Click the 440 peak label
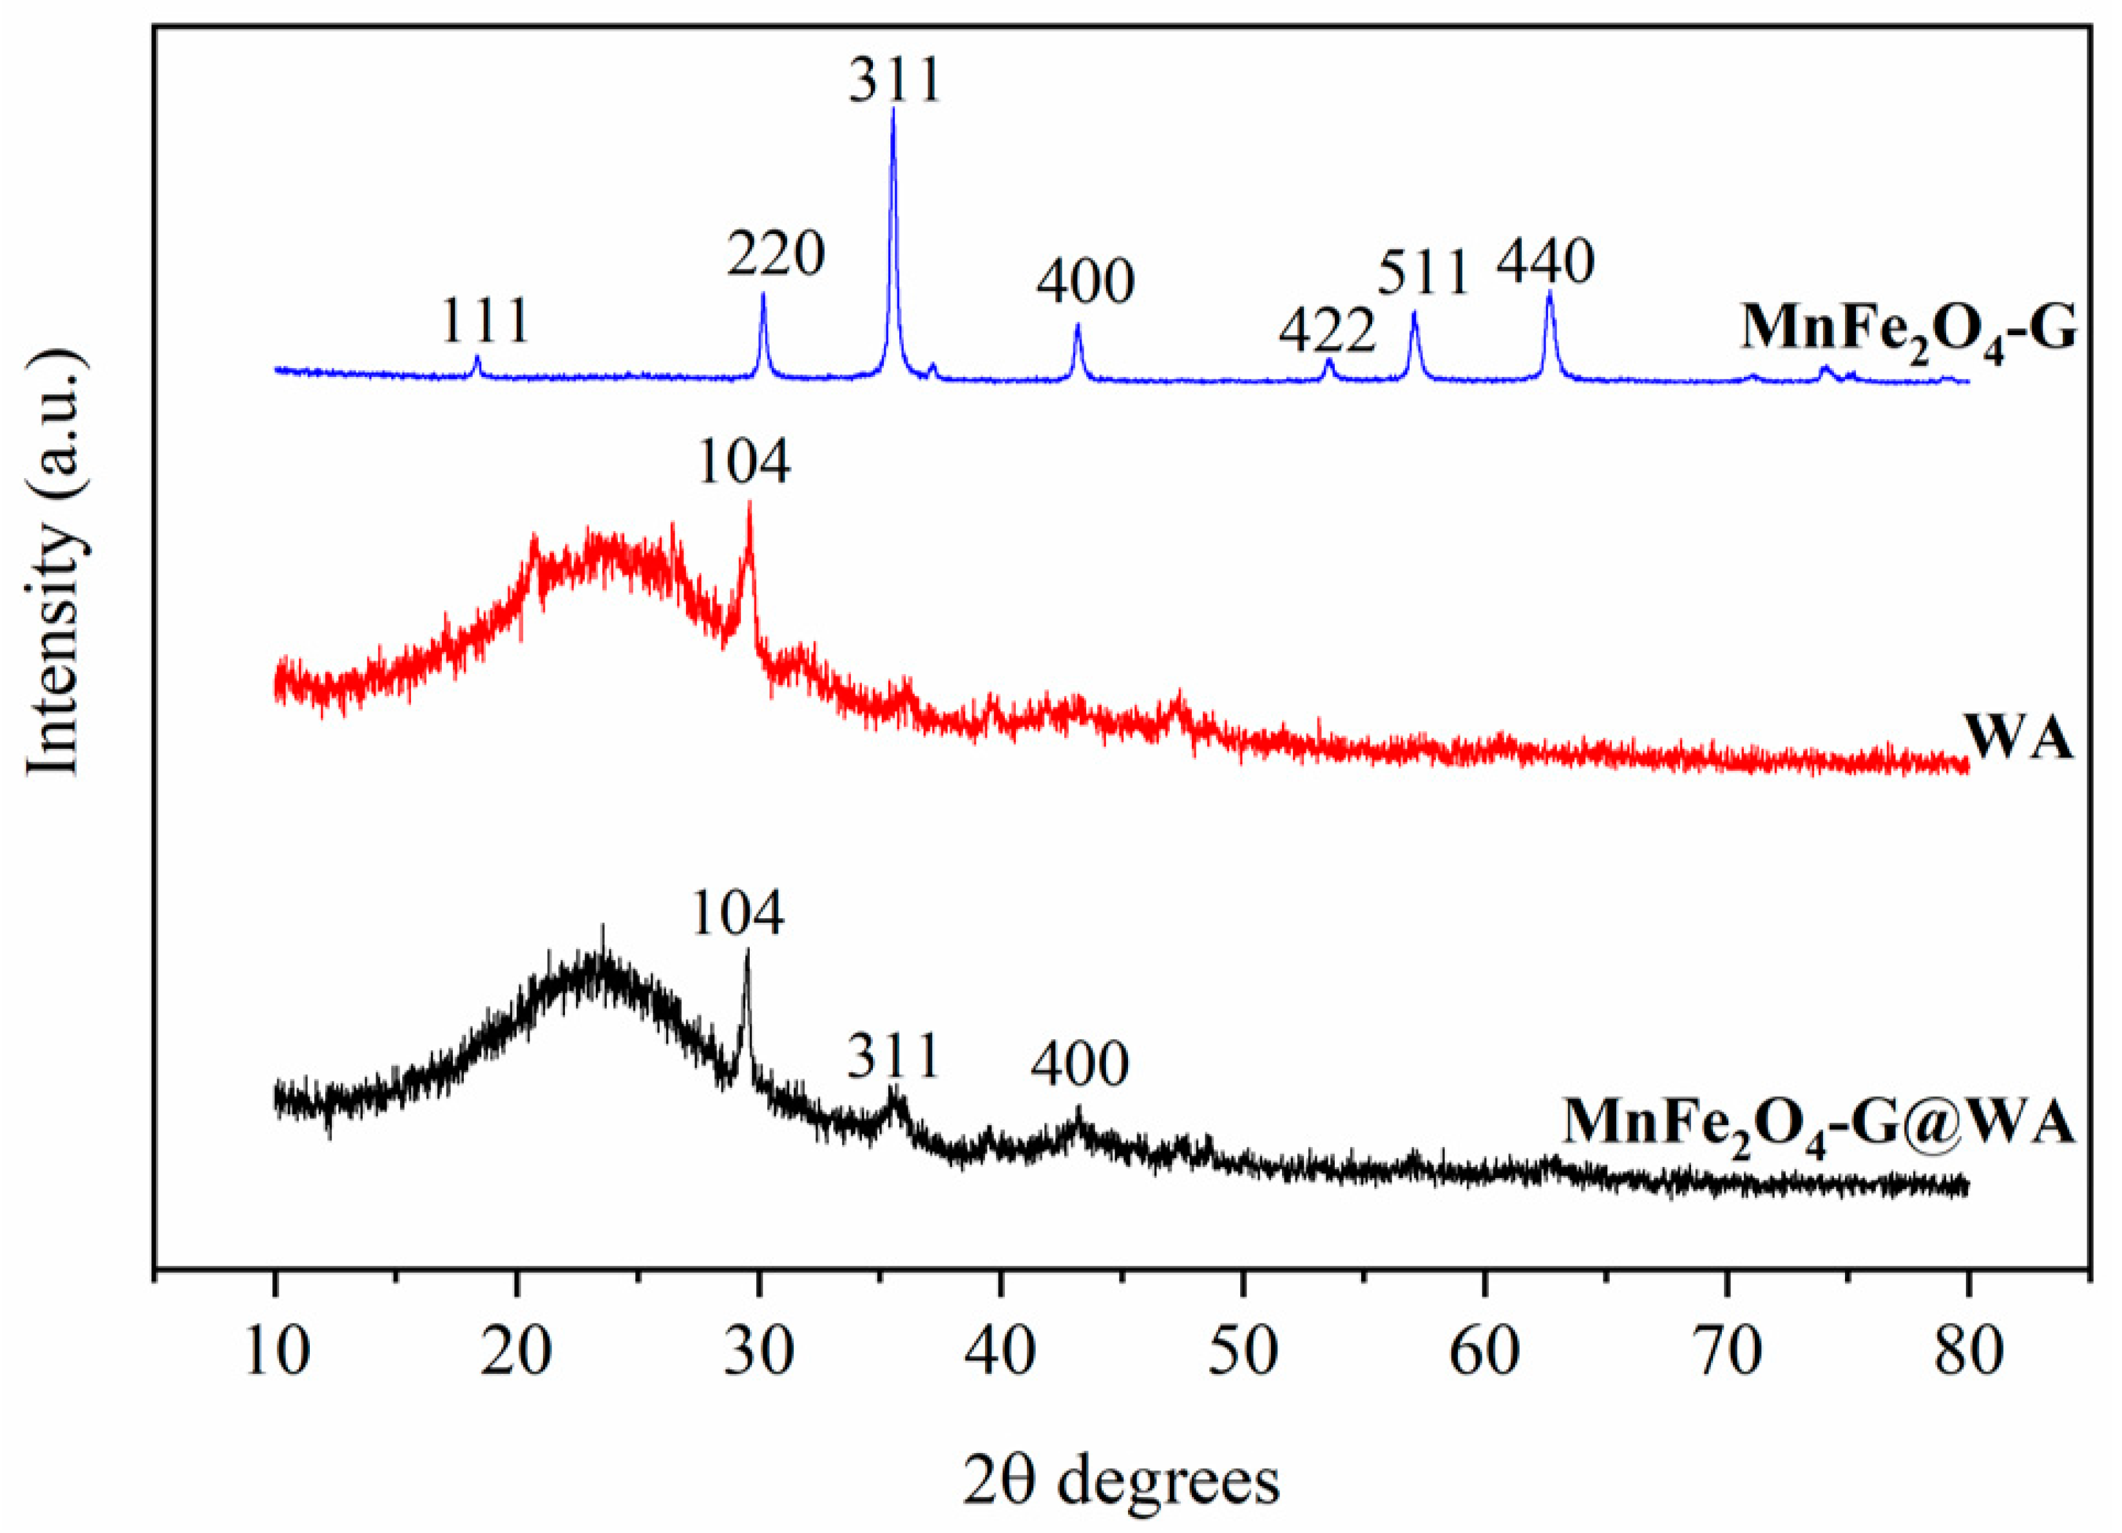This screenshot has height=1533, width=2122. [x=1545, y=263]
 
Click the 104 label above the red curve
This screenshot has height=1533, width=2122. [x=744, y=461]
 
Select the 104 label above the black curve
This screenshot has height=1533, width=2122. [x=737, y=914]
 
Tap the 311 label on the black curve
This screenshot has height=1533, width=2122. [x=893, y=1057]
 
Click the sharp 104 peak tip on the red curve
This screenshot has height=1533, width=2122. [x=749, y=503]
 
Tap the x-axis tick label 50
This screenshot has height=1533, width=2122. [x=1243, y=1353]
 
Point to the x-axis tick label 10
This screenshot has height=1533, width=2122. [x=275, y=1353]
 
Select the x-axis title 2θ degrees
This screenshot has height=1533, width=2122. [x=1121, y=1483]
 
